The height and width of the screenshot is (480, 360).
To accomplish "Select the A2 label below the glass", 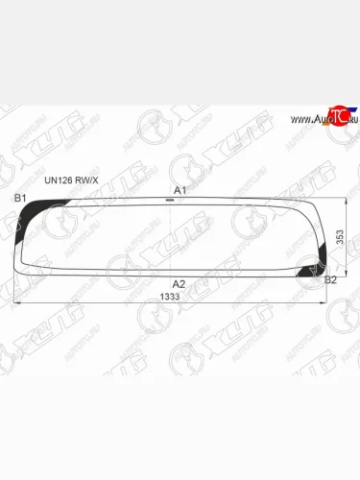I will click(179, 284).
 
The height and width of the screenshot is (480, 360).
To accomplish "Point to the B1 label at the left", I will click(19, 198).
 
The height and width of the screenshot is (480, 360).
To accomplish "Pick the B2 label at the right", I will click(331, 279).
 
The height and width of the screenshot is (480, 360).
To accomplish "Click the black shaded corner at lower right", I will click(311, 272).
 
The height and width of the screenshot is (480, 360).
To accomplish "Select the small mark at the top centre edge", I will click(170, 200).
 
